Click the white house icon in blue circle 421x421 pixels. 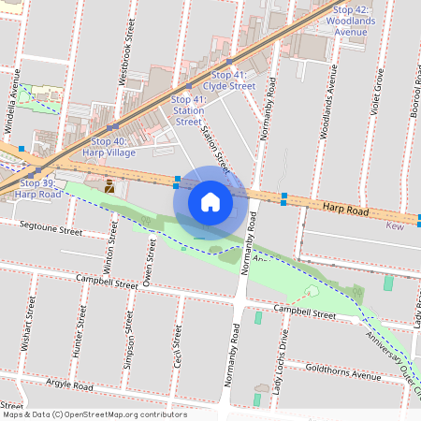(210, 202)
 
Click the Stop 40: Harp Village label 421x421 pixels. (109, 146)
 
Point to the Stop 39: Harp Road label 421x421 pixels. (39, 188)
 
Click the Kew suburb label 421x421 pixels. (396, 225)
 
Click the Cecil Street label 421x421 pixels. (177, 347)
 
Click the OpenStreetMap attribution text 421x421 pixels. (94, 414)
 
